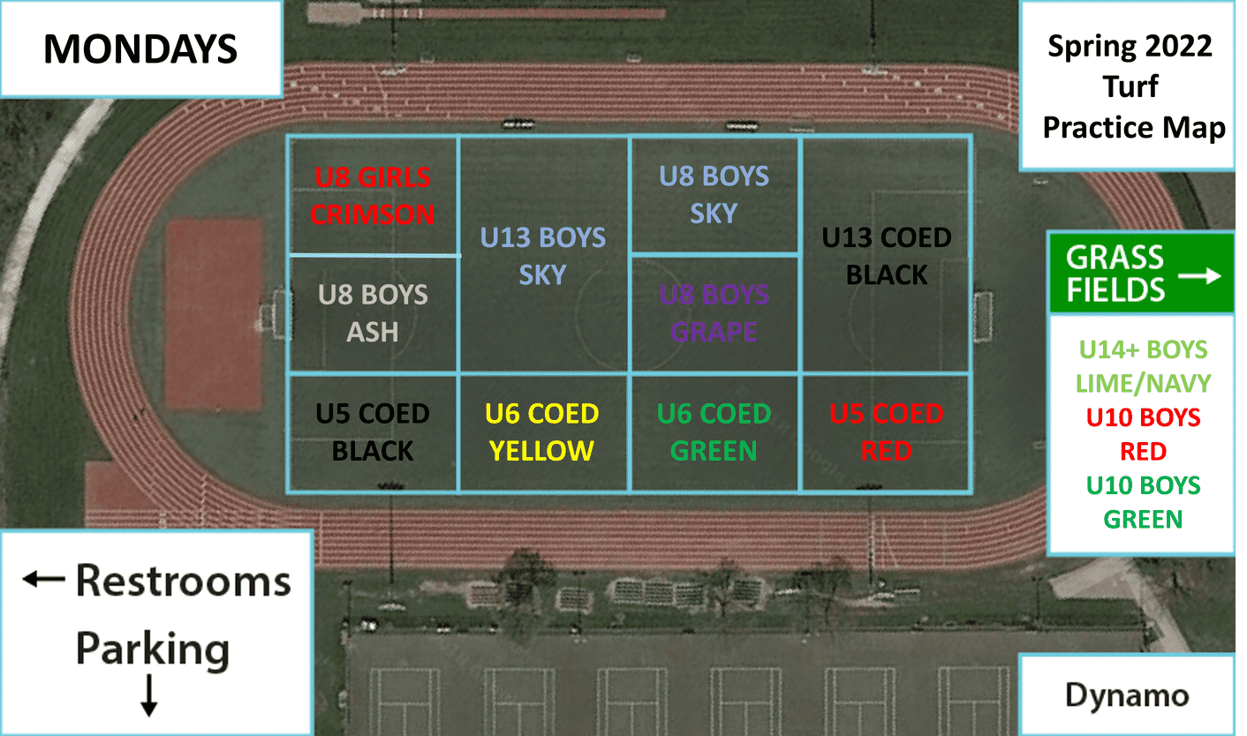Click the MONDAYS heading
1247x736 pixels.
(x=140, y=49)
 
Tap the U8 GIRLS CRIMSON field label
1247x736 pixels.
(x=373, y=196)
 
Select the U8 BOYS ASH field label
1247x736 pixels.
(x=373, y=313)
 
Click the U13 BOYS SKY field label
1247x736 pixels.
(x=543, y=256)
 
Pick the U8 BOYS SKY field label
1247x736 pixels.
(x=714, y=195)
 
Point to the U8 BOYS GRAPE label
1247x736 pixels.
(x=714, y=313)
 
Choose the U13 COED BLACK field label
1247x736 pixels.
(x=887, y=256)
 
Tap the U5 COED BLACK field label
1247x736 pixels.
(x=373, y=432)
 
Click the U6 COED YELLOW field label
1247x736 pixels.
(x=541, y=432)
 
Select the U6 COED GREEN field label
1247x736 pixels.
(x=714, y=432)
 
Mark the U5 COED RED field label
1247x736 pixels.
(x=887, y=432)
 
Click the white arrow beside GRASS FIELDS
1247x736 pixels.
(x=1199, y=276)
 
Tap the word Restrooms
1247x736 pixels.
(x=183, y=582)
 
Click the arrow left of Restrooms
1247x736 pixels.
(x=43, y=579)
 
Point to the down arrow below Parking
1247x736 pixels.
(x=148, y=695)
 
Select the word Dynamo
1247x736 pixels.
(x=1127, y=695)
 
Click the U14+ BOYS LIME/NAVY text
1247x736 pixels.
(x=1143, y=366)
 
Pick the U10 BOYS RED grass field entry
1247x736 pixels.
(x=1143, y=434)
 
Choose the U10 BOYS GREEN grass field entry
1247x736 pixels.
(x=1143, y=502)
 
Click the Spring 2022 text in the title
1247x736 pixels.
(x=1130, y=47)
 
